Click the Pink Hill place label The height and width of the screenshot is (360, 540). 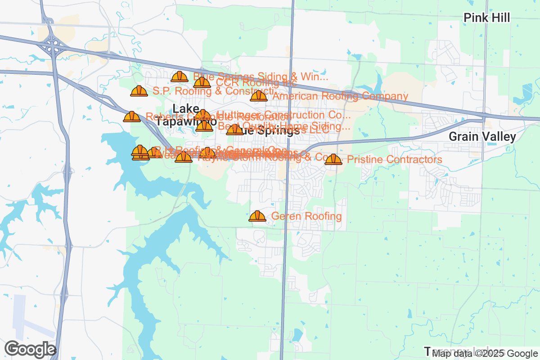point(487,18)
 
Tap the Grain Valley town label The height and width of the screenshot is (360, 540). point(482,137)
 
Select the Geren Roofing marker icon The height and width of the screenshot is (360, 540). point(257,216)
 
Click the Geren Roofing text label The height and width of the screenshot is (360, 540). point(306,216)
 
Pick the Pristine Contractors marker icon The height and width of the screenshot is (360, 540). point(333,160)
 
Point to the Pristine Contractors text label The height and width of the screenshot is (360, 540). point(395,160)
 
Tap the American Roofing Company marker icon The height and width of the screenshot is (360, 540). point(259,96)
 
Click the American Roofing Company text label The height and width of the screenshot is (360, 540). point(340,96)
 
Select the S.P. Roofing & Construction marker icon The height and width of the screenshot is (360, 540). point(139,91)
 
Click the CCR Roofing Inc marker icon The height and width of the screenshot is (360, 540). point(202,82)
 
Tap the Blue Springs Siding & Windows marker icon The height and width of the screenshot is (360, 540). point(180,77)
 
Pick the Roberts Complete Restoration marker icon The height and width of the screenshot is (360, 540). point(132,117)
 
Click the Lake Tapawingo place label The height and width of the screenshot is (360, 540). point(186,116)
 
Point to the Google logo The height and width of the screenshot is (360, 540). point(31,349)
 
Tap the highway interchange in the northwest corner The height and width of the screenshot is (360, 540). point(53,45)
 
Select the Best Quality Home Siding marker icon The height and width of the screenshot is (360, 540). point(204,126)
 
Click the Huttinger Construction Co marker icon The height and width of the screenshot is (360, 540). point(203,115)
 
